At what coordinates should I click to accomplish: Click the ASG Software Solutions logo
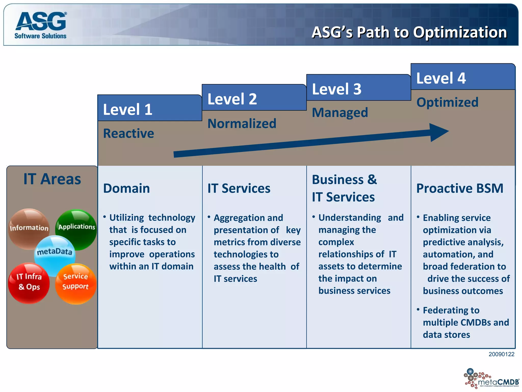[41, 25]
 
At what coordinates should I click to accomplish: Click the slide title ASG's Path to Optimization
[409, 32]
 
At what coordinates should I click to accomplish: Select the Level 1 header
[127, 109]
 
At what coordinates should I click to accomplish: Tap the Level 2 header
[232, 99]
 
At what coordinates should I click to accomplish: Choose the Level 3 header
[336, 89]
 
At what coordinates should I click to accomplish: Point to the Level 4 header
[441, 78]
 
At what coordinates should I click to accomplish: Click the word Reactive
[128, 133]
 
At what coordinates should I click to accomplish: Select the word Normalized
[242, 124]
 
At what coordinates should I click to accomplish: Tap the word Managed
[340, 113]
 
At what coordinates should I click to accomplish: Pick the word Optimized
[447, 102]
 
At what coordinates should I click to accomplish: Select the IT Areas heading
[52, 179]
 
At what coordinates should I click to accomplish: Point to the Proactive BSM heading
[460, 188]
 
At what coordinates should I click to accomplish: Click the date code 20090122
[501, 354]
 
